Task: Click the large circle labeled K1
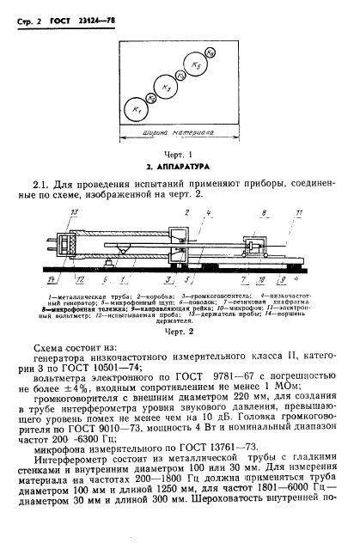pyautogui.click(x=134, y=109)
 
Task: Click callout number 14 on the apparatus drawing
pyautogui.click(x=52, y=280)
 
